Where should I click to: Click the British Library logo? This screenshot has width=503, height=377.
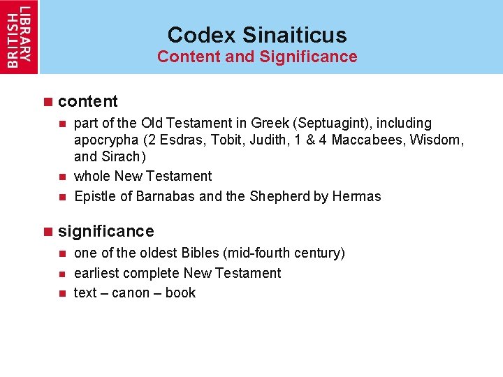19,36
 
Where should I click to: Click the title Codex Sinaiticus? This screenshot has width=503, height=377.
256,34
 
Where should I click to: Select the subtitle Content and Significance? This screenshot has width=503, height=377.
256,57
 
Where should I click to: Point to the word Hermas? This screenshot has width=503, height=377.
357,196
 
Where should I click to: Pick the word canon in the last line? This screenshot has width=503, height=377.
131,293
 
